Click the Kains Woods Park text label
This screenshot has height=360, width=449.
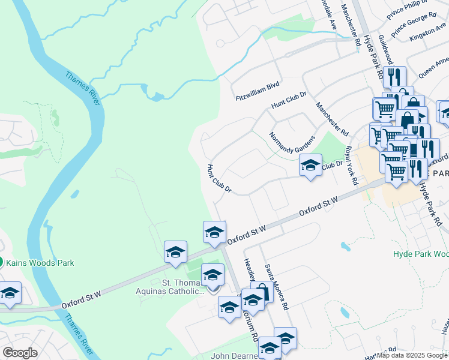40,262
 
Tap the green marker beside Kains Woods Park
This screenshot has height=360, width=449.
1,262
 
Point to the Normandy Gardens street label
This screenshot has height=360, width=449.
292,143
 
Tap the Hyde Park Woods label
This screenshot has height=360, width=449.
420,254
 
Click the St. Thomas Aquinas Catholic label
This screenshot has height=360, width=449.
183,286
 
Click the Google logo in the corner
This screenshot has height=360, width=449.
20,353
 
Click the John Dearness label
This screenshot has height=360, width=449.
235,356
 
